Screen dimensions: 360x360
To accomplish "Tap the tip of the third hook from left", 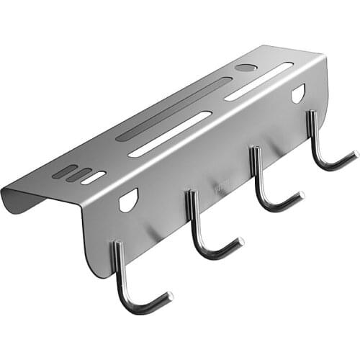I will (300, 194).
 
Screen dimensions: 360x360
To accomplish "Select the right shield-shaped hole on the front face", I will (298, 93).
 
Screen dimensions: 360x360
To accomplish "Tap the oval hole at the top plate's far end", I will (246, 68).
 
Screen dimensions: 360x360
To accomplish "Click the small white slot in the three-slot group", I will (94, 178).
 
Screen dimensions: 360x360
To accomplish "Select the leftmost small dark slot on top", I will (65, 171).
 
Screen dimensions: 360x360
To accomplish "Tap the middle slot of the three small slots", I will (78, 174).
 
